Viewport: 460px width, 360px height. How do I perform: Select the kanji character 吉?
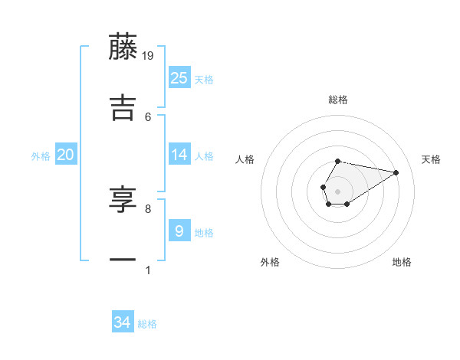123,107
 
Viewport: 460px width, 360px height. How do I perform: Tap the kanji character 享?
123,200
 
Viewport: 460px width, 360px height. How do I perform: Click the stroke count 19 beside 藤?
149,55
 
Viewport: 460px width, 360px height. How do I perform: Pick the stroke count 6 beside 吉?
148,116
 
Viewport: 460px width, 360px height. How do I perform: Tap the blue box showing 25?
179,77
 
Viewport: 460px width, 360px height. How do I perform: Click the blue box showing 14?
179,155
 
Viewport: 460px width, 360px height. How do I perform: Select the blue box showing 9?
179,231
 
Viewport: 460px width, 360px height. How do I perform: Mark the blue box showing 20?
66,155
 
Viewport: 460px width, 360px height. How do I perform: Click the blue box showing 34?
123,322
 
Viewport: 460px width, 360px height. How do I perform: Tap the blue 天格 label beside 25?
204,80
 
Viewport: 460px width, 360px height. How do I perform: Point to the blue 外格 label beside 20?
41,156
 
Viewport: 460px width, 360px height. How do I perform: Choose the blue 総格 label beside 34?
147,325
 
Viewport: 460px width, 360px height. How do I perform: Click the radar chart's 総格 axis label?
337,100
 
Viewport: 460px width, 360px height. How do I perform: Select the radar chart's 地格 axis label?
402,262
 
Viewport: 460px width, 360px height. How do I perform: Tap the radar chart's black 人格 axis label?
245,159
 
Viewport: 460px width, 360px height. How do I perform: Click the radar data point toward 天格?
396,172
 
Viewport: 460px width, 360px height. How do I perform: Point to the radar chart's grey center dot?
337,190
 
